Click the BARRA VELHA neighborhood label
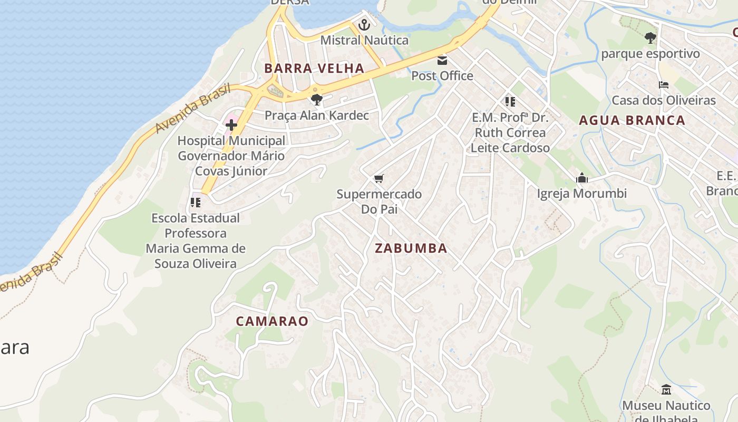tap(314, 68)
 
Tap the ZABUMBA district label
tap(411, 248)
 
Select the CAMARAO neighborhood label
tap(272, 321)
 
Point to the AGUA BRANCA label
tap(632, 120)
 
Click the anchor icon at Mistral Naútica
tap(364, 25)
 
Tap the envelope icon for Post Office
tap(442, 61)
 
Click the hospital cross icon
tap(231, 125)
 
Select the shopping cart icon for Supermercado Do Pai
tap(378, 179)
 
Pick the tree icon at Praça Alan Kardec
tap(316, 99)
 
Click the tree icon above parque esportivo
tap(650, 38)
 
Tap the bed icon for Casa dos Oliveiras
tap(663, 85)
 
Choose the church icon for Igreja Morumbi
tap(582, 178)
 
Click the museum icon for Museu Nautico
tap(666, 390)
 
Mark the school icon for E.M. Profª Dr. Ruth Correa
tap(510, 101)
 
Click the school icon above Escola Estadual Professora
tap(196, 202)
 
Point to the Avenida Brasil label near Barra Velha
tap(193, 109)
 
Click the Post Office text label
tap(442, 75)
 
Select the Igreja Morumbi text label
tap(582, 194)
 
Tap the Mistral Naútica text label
tap(364, 40)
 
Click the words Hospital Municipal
tap(231, 141)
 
